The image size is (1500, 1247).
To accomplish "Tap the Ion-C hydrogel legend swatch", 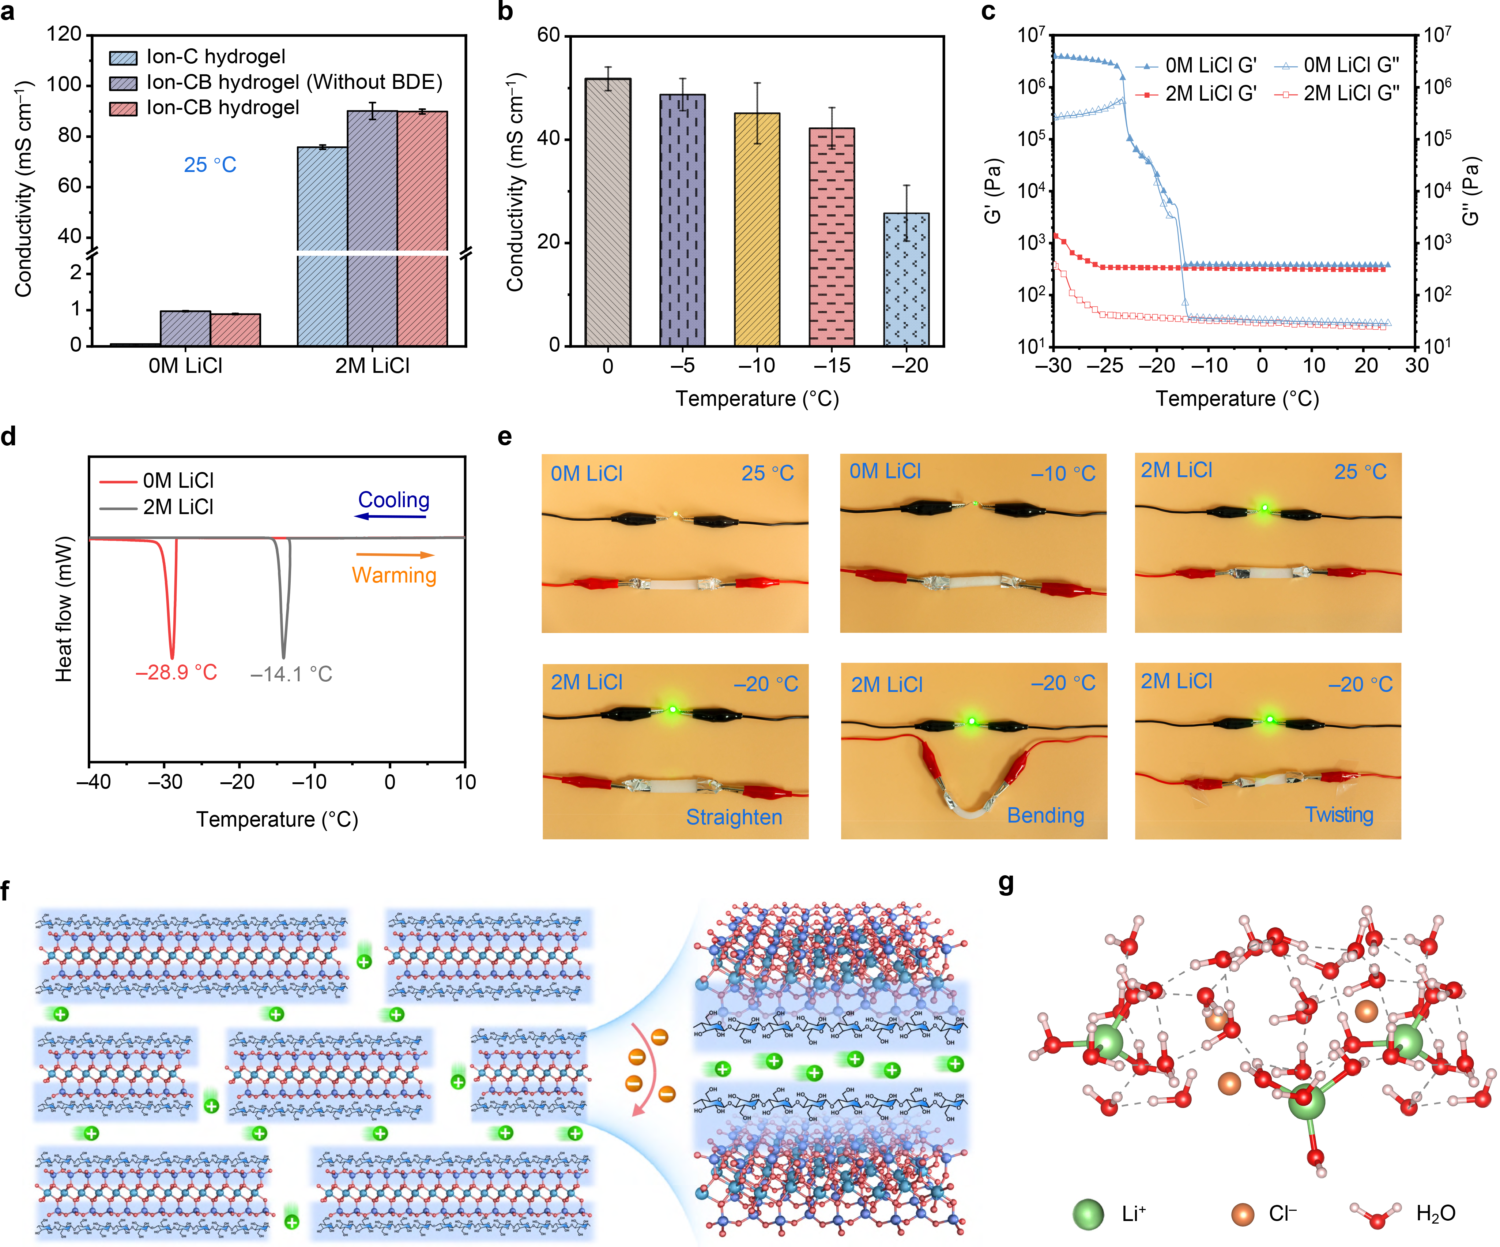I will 123,57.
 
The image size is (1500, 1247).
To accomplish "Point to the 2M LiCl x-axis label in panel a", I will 372,366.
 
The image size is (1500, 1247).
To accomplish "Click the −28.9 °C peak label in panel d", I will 176,673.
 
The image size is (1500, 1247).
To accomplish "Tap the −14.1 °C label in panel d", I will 291,674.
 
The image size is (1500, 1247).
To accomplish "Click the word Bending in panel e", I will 1045,815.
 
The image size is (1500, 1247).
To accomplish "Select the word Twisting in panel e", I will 1339,815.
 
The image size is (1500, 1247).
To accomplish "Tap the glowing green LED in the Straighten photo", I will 672,709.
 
